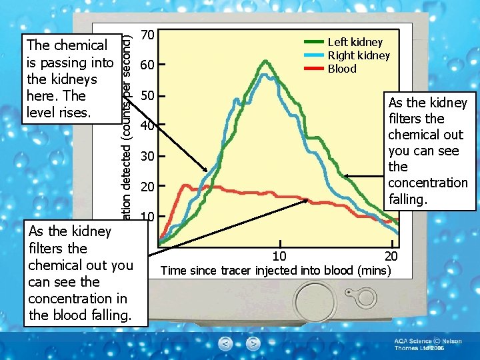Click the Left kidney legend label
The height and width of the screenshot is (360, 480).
pos(355,42)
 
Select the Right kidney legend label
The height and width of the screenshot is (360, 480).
pos(358,55)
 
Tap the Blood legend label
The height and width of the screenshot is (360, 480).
pos(341,69)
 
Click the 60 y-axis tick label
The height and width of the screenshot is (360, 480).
pos(149,65)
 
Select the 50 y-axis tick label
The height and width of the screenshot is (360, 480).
pos(149,95)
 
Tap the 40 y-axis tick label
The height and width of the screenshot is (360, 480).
pos(149,126)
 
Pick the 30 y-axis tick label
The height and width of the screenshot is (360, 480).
pos(149,157)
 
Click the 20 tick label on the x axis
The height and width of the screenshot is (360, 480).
pos(391,257)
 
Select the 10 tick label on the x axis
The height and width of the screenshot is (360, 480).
pos(280,257)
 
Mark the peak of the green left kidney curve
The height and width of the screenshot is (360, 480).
pos(266,61)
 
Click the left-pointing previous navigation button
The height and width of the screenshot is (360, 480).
pos(226,344)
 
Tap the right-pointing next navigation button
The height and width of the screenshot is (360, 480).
pos(253,344)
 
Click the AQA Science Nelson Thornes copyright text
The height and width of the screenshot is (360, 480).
pos(427,345)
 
